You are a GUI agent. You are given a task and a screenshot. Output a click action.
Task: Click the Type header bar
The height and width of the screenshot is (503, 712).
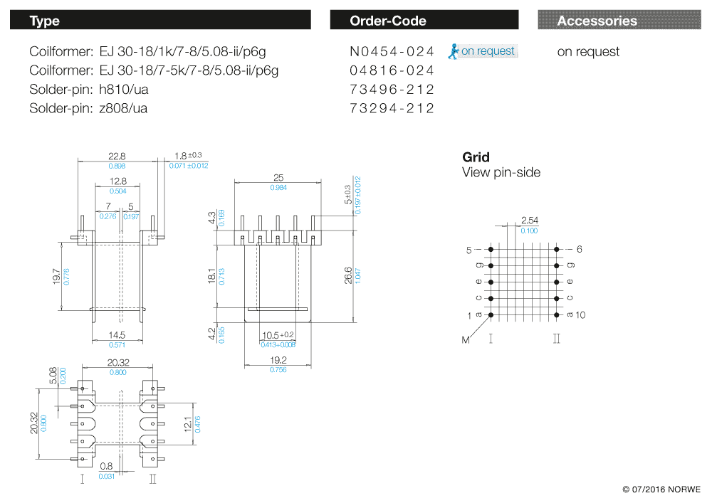point(160,20)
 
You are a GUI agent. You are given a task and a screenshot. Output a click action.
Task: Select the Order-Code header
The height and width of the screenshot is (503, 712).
point(424,20)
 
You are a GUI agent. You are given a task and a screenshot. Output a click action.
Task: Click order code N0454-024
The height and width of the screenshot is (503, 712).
point(392,51)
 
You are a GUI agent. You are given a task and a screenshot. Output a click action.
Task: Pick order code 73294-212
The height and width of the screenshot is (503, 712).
point(392,108)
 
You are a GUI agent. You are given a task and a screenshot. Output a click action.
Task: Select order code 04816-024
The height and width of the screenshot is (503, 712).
point(392,70)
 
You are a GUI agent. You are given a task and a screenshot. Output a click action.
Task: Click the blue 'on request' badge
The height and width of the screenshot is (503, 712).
point(483,51)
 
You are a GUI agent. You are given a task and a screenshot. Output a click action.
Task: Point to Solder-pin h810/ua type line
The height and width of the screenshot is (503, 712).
point(89,90)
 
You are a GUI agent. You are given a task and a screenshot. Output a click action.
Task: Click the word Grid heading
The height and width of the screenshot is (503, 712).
point(476,157)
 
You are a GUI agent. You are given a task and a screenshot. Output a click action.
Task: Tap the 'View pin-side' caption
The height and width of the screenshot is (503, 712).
point(501,173)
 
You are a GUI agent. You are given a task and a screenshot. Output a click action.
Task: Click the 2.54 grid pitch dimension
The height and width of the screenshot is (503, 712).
point(529,221)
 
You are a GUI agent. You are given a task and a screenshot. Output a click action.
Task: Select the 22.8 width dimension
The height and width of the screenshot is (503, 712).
point(117,156)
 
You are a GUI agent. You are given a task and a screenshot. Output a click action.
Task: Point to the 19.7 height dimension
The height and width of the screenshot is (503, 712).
point(56,276)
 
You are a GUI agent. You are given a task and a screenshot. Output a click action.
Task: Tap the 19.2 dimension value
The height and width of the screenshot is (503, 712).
point(278,360)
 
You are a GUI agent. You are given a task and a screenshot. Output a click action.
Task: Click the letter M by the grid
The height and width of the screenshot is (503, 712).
point(466,340)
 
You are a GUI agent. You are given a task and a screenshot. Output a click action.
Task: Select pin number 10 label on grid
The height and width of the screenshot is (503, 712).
point(580,314)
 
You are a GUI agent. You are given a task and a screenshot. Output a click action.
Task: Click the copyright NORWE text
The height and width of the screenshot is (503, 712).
point(661,489)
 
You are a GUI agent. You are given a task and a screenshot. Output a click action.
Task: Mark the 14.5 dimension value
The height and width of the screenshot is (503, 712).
point(117,335)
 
